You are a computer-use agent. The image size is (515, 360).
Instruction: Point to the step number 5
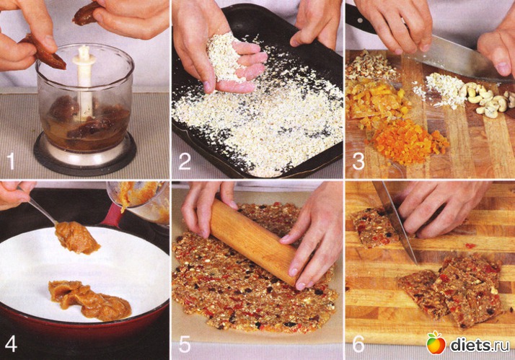point(185,343)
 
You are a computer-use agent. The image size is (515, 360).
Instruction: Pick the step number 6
point(358,343)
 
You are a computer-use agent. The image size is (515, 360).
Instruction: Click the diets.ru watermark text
point(480,345)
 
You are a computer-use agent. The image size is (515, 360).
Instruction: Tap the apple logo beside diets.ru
point(436,343)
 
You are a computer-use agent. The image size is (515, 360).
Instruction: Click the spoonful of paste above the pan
point(76,237)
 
